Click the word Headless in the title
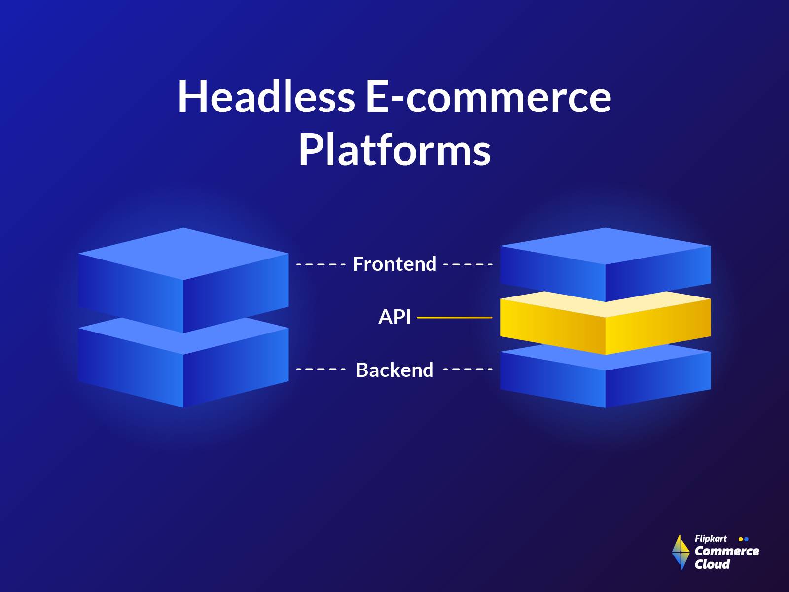click(x=265, y=96)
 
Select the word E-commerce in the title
click(x=488, y=96)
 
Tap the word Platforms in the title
click(x=394, y=150)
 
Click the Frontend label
click(x=394, y=264)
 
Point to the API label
click(x=394, y=317)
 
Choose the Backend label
click(x=394, y=370)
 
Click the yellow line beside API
click(x=454, y=318)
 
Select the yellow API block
click(x=605, y=323)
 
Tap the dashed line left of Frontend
click(x=321, y=264)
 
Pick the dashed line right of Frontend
click(x=468, y=264)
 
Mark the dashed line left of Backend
click(x=321, y=369)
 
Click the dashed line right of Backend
click(x=468, y=369)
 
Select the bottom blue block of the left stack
click(x=183, y=375)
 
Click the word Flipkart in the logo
click(x=710, y=539)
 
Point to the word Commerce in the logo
click(x=727, y=551)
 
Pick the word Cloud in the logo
click(x=712, y=564)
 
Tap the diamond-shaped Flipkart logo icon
click(x=681, y=552)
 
